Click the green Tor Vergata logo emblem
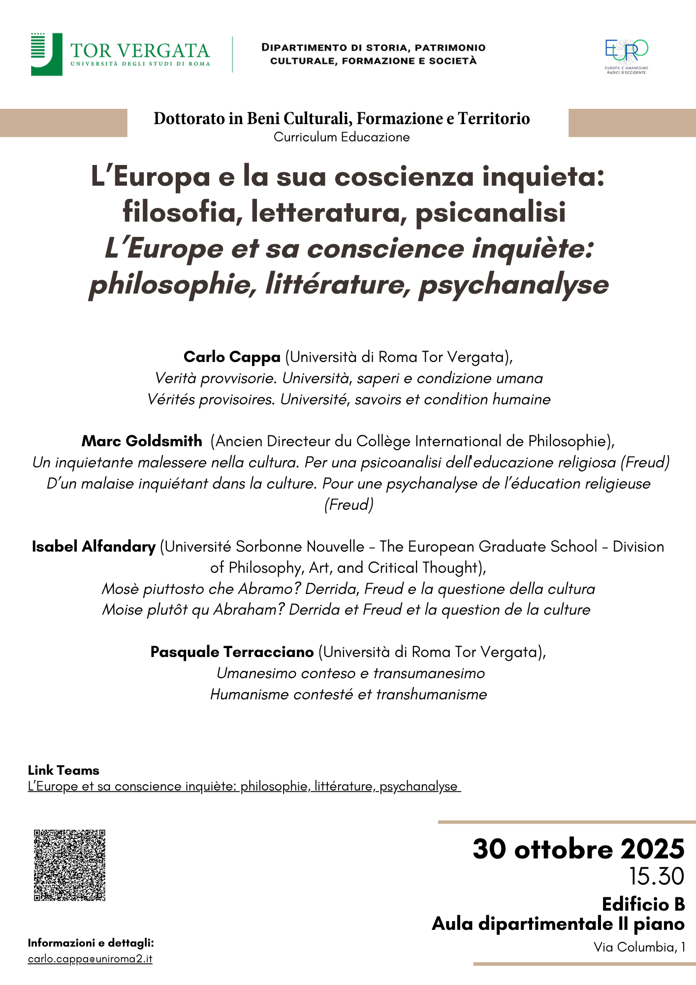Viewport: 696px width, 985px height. point(46,54)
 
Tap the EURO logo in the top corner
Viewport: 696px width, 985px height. point(626,54)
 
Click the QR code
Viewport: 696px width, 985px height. point(69,865)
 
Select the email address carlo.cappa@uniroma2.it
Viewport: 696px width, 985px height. point(90,959)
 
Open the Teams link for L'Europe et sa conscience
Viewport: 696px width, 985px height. point(244,786)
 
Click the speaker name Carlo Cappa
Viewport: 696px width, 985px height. point(232,357)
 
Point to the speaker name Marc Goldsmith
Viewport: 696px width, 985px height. point(142,441)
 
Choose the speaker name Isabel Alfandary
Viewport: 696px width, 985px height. point(94,546)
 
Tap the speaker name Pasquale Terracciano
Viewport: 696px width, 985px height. point(232,652)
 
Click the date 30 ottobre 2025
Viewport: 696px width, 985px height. point(578,849)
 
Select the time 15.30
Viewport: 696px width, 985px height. point(657,876)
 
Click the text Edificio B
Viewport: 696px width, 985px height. point(643,904)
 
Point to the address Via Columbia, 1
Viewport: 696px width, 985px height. point(639,947)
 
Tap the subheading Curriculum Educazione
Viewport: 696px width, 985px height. point(342,137)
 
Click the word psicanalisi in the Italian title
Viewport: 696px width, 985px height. point(490,212)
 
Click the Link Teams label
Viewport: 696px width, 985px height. point(63,770)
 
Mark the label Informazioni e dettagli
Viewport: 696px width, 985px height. point(91,943)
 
